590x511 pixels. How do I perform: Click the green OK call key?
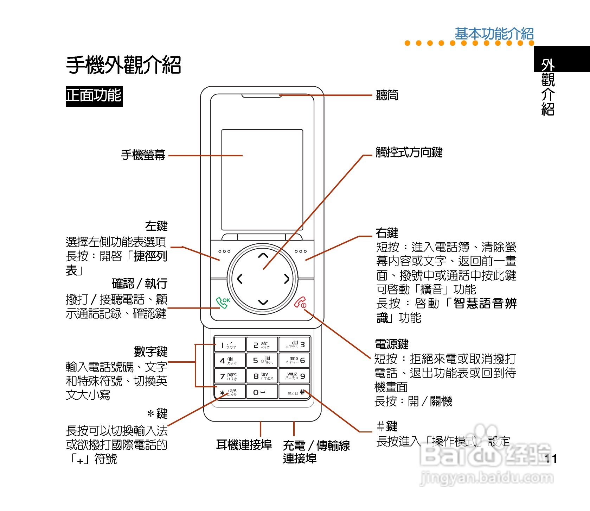point(223,303)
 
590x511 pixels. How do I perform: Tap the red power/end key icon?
point(300,303)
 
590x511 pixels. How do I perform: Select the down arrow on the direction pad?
point(263,302)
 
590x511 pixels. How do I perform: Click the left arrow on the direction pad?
point(240,279)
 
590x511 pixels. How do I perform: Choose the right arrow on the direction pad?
point(287,279)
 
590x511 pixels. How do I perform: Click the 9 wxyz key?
point(295,376)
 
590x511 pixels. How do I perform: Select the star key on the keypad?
point(230,392)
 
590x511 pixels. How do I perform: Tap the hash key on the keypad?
point(295,392)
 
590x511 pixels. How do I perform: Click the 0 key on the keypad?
point(262,392)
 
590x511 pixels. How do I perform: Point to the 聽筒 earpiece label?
point(387,95)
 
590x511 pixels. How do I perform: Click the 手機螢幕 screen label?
point(143,155)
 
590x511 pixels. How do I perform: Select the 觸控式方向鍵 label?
point(409,152)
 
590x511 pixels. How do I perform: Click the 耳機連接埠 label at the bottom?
point(244,445)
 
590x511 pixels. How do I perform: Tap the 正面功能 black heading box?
point(94,96)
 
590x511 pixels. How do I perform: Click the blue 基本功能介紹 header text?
point(494,34)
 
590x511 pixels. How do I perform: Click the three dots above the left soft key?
point(224,251)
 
